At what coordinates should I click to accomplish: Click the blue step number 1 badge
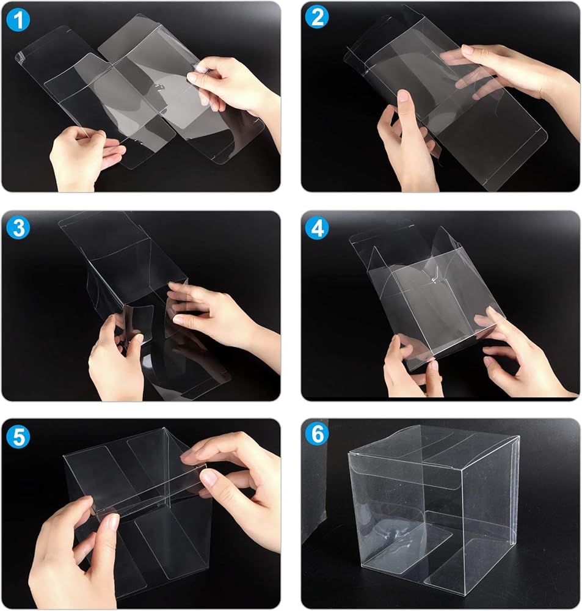click(x=18, y=20)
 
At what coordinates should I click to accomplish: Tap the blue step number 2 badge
click(x=317, y=18)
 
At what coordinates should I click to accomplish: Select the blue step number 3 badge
click(x=18, y=228)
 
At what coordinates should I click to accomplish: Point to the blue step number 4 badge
click(x=317, y=228)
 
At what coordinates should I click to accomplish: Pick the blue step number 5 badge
click(x=18, y=436)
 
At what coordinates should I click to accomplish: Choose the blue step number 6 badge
click(x=317, y=434)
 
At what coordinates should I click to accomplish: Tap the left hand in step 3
click(x=115, y=360)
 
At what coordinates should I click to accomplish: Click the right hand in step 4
click(x=522, y=354)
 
